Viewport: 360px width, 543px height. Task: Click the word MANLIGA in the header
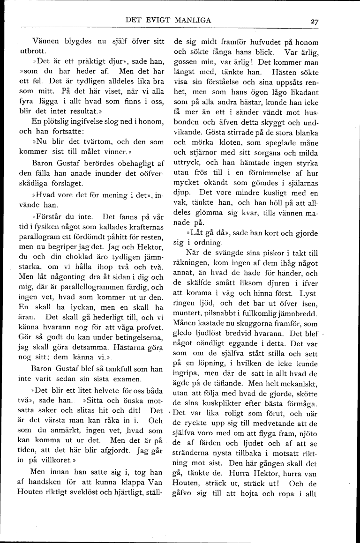tap(192, 20)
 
